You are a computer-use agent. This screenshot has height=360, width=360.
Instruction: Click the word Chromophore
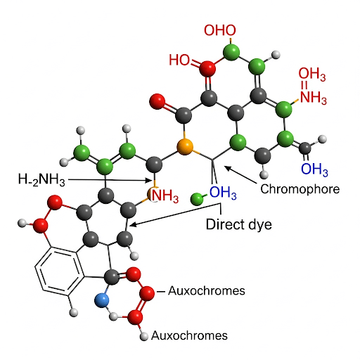[300, 189]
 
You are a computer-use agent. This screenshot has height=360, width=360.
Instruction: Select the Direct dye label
[239, 224]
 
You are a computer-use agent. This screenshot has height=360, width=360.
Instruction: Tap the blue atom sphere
[102, 300]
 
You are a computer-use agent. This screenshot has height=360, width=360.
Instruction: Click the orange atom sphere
[185, 147]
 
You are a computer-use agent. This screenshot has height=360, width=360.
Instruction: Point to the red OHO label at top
[220, 30]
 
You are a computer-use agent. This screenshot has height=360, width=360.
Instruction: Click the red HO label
[179, 60]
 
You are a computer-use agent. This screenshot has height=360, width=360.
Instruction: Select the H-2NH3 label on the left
[41, 179]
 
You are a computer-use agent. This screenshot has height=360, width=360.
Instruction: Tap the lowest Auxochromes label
[189, 335]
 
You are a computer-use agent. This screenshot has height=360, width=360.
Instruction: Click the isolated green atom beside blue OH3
[197, 199]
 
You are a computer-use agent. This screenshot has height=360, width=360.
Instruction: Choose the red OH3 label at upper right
[312, 74]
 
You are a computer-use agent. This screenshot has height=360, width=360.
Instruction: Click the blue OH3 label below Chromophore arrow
[223, 193]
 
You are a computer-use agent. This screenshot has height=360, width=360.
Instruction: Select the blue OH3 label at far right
[314, 169]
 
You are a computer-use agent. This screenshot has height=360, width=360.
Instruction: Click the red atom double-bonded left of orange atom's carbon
[157, 101]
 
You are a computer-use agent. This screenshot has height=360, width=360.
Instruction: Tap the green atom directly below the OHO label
[231, 51]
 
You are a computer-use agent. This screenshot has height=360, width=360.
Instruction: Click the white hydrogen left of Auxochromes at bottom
[144, 337]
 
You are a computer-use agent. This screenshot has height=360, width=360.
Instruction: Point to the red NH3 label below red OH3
[314, 97]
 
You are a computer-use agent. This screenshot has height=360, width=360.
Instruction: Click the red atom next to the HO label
[207, 69]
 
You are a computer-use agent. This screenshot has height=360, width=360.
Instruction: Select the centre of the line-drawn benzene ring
[60, 269]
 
